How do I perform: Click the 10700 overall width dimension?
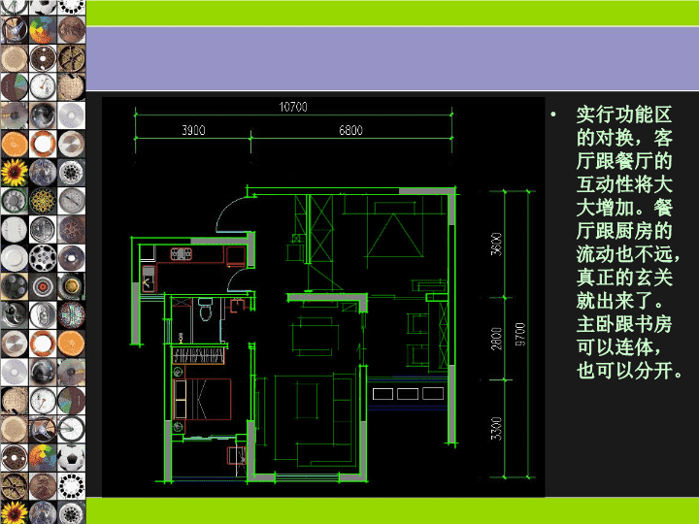coord(293,107)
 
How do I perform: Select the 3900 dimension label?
coord(193,130)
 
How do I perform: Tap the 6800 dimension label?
coord(350,130)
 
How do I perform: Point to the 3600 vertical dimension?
coord(496,245)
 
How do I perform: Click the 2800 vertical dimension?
coord(496,339)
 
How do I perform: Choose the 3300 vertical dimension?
coord(496,429)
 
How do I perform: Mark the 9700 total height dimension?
coord(520,335)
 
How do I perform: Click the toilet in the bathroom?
coord(205,309)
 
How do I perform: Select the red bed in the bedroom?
coord(202,399)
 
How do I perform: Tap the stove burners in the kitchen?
coord(181,254)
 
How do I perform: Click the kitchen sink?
coord(148,278)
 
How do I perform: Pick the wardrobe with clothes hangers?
coord(198,355)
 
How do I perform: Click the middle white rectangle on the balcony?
coord(408,394)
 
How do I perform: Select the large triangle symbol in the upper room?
coord(394,236)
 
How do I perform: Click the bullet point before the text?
coord(553,115)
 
